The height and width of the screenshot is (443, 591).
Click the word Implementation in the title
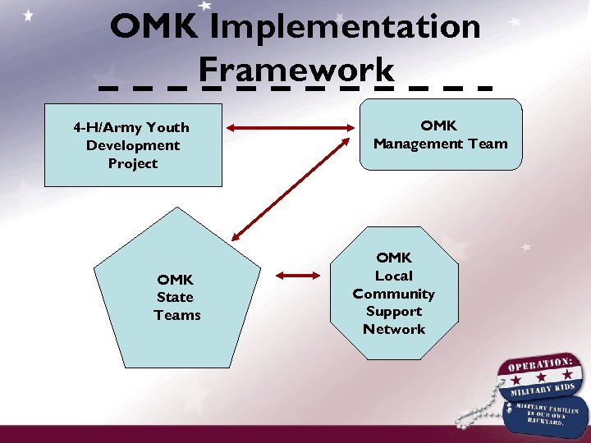(x=345, y=26)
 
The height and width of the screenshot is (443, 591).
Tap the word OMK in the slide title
(x=153, y=26)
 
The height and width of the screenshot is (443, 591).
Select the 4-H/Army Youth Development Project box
(x=132, y=145)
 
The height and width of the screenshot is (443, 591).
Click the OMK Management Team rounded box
(x=440, y=135)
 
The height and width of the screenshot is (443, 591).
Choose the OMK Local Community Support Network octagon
(x=394, y=294)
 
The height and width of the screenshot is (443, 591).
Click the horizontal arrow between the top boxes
(x=291, y=128)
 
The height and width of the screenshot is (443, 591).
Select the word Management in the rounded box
(x=420, y=144)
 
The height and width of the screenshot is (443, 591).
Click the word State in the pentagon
(x=175, y=297)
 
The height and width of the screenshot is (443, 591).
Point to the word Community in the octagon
(x=394, y=294)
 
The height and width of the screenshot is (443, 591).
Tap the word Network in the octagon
(x=394, y=329)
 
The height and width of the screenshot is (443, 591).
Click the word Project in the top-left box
(x=132, y=163)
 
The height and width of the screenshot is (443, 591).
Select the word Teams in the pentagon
(x=176, y=315)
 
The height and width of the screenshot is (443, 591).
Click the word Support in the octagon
(x=394, y=311)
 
